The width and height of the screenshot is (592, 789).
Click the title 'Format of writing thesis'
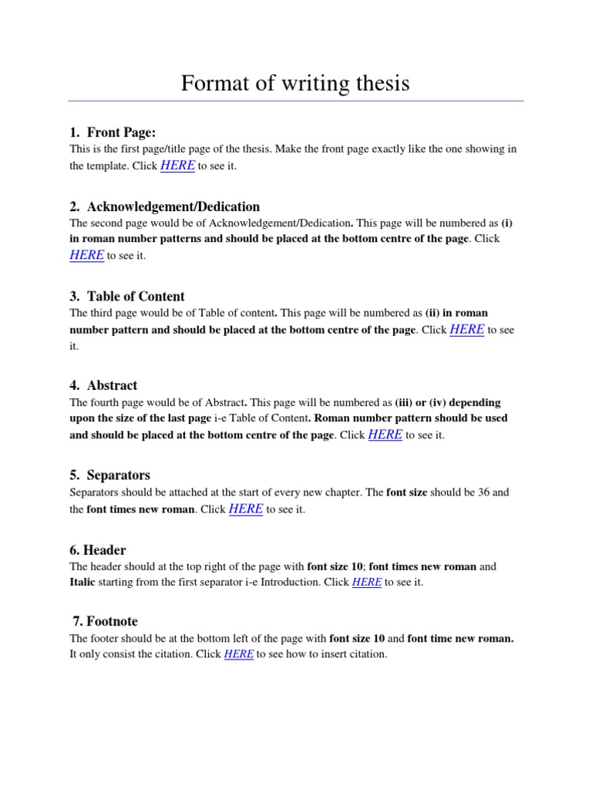[295, 82]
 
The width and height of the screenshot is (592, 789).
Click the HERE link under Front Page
[177, 166]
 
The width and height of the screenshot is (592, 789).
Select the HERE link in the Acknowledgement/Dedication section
[86, 255]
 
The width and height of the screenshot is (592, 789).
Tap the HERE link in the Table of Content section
[466, 329]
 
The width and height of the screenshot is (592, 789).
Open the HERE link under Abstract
[385, 435]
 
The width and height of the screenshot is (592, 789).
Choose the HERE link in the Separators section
[246, 509]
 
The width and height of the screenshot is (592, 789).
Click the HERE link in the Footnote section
[239, 654]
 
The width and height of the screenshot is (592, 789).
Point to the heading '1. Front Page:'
[117, 133]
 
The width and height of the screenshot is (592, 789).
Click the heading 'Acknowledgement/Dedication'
[173, 206]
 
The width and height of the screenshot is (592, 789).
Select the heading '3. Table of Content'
[127, 296]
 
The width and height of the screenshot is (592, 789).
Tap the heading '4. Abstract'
[103, 385]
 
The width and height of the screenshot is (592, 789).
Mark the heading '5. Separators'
[109, 475]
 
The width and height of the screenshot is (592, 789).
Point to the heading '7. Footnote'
[105, 621]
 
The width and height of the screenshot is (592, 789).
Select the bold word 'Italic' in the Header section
[82, 583]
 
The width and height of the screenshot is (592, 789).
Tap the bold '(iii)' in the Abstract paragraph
[404, 402]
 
